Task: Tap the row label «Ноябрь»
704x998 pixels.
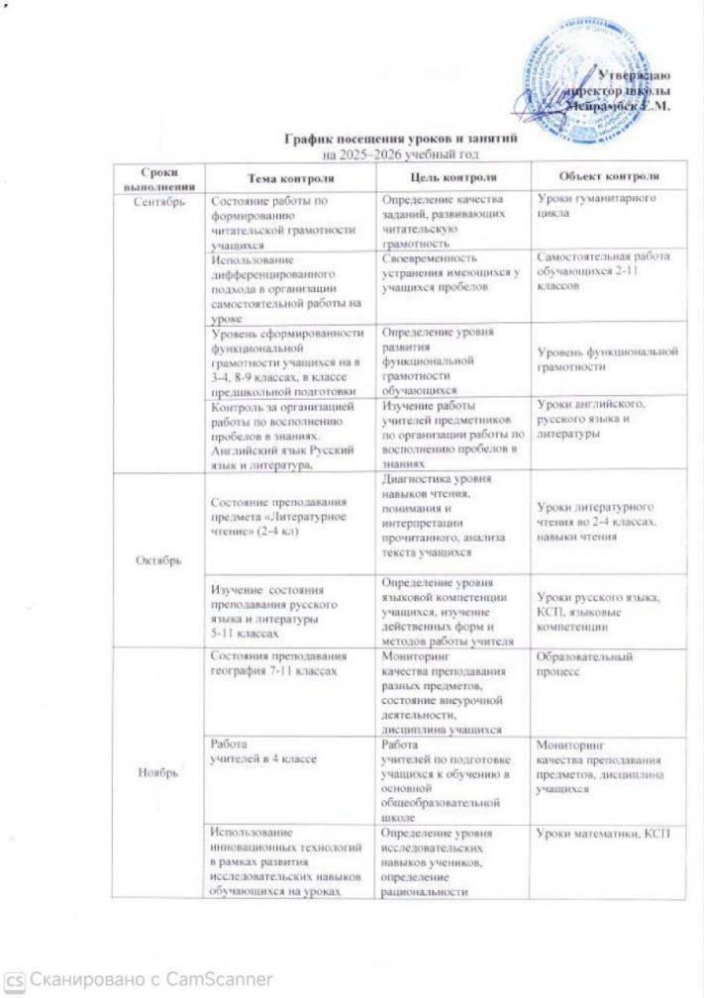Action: point(158,772)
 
